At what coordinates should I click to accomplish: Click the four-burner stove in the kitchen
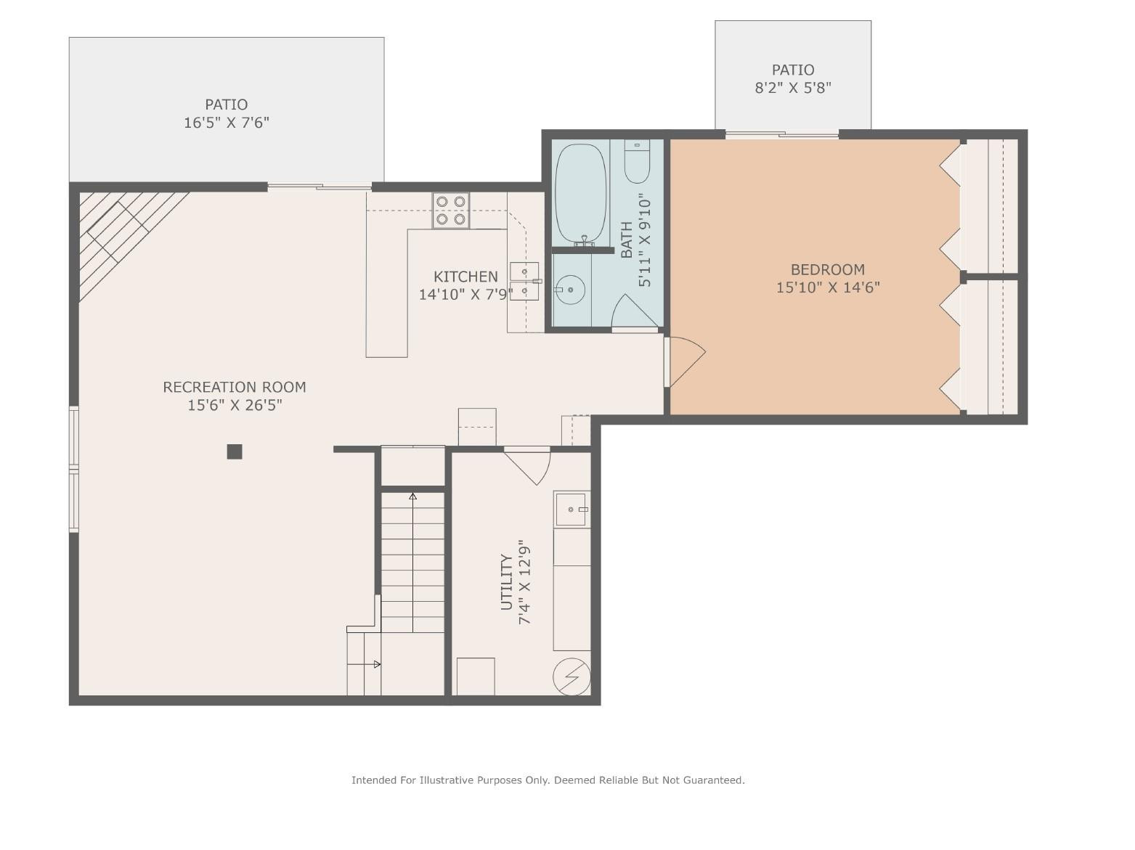click(x=450, y=211)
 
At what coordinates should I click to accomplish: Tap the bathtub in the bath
click(x=580, y=193)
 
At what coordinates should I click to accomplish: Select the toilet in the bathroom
click(x=637, y=163)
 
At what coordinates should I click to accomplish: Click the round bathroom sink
click(x=571, y=290)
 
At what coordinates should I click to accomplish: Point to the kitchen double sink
click(x=524, y=281)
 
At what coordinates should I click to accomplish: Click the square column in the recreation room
click(x=234, y=451)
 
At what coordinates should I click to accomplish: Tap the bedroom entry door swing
click(x=686, y=360)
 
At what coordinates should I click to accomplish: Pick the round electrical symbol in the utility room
click(x=571, y=677)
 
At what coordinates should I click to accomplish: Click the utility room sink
click(x=571, y=509)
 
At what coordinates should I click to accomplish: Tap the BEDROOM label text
click(x=827, y=269)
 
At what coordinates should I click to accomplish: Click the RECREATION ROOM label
click(x=234, y=387)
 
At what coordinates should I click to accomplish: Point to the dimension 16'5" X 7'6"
click(x=226, y=123)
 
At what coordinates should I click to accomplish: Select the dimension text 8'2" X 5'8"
click(x=792, y=88)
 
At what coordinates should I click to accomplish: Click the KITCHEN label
click(x=465, y=277)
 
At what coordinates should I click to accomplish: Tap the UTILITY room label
click(x=506, y=582)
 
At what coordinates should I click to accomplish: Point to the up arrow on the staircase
click(x=412, y=497)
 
